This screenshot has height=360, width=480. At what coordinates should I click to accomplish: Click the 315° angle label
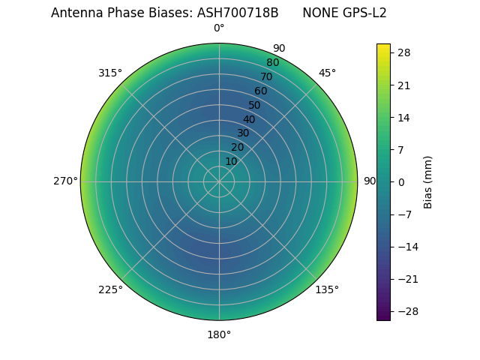tap(109, 73)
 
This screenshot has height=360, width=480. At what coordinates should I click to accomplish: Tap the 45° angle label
tap(327, 73)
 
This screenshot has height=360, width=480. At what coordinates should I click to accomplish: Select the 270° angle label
tap(64, 181)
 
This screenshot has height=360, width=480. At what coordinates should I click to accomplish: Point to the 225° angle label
tap(109, 289)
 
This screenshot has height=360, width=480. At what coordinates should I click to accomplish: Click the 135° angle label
tap(327, 289)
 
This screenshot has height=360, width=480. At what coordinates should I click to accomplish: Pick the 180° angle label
tap(219, 334)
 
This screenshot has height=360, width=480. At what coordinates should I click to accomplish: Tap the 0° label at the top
tap(219, 28)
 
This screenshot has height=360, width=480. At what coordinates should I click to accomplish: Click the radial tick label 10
tap(231, 162)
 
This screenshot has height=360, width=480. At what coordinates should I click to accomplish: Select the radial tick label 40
tap(249, 119)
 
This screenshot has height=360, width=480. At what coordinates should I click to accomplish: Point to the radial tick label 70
tap(266, 76)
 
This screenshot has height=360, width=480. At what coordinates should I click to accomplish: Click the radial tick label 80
tap(272, 62)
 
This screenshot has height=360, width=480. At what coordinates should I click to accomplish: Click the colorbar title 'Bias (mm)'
tap(428, 181)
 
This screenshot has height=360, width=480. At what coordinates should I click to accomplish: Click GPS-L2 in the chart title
tap(365, 13)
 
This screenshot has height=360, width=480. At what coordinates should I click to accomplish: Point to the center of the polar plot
tap(219, 181)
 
